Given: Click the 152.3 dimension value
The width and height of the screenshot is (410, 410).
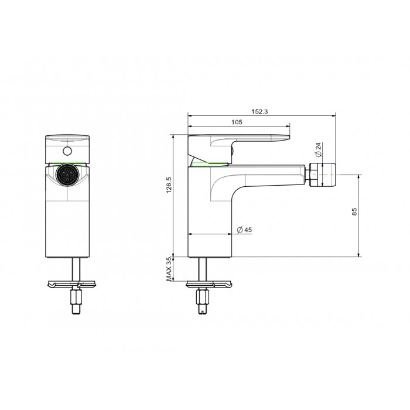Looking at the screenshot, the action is pyautogui.click(x=259, y=112).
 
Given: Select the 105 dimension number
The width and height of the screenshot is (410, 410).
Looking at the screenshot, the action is pyautogui.click(x=237, y=122).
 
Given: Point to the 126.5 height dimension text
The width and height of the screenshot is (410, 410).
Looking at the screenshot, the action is pyautogui.click(x=169, y=185).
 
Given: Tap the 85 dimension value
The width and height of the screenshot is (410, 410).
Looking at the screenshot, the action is pyautogui.click(x=354, y=211).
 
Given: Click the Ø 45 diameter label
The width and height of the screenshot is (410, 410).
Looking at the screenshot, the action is pyautogui.click(x=244, y=230).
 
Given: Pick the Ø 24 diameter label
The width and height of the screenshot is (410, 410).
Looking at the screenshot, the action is pyautogui.click(x=318, y=149).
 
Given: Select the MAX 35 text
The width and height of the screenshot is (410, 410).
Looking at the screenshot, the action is pyautogui.click(x=169, y=269).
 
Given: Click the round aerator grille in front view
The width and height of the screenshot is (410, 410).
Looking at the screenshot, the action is pyautogui.click(x=67, y=175).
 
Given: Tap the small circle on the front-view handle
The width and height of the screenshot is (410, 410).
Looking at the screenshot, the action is pyautogui.click(x=67, y=151).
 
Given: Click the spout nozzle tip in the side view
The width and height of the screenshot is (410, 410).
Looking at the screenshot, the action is pyautogui.click(x=322, y=175).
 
